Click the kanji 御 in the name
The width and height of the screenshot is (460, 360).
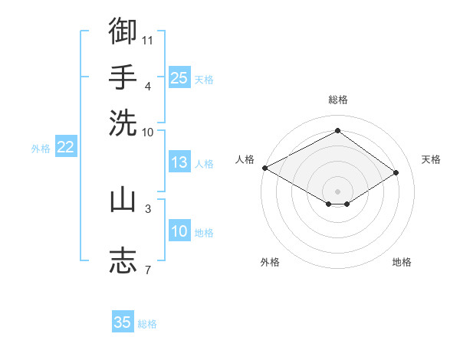point(123,31)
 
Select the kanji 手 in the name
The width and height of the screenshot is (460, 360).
point(123,77)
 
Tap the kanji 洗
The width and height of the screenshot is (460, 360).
point(123,123)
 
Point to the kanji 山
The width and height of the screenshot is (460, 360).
point(123,199)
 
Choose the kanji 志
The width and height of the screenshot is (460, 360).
point(123,260)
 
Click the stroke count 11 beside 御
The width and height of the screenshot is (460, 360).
point(147,41)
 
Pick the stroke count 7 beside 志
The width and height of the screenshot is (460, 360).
point(148,270)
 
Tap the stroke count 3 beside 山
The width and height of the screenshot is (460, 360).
point(148,209)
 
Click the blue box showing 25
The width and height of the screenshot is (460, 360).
point(179,77)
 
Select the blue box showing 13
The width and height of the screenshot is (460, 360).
point(179,162)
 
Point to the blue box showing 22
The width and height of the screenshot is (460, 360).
point(66,146)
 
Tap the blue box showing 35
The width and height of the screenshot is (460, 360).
point(123,321)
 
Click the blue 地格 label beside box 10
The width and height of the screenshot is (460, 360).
point(204,233)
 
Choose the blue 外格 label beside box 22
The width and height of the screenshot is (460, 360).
point(41,149)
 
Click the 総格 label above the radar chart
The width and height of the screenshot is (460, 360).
point(338,100)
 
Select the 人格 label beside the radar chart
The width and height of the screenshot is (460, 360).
point(245,159)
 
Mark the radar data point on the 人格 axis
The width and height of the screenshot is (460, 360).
point(265,168)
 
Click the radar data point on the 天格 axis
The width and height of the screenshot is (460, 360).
point(396,172)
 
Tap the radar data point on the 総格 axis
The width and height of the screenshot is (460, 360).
point(337,130)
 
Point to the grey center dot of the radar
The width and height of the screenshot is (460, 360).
point(337,191)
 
